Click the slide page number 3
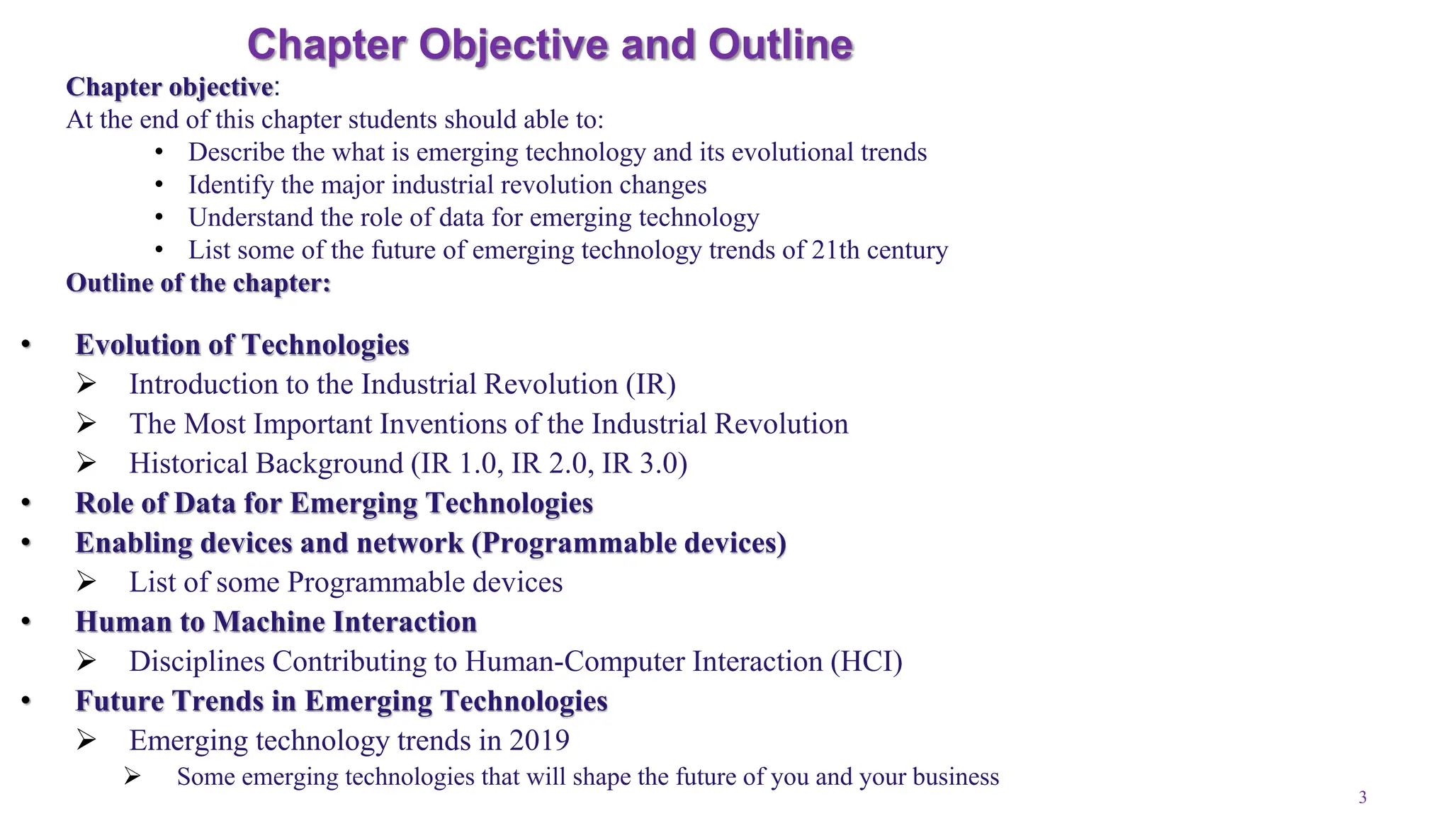pyautogui.click(x=1362, y=798)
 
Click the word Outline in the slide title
pyautogui.click(x=780, y=45)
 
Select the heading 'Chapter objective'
pyautogui.click(x=169, y=87)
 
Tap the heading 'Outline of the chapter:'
pyautogui.click(x=198, y=283)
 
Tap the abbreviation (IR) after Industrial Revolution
pyautogui.click(x=650, y=384)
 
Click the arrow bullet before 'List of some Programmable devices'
pyautogui.click(x=86, y=582)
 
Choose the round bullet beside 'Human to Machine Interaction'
pyautogui.click(x=26, y=622)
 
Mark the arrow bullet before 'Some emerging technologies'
pyautogui.click(x=132, y=776)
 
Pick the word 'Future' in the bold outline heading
pyautogui.click(x=119, y=701)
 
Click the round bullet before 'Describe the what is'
pyautogui.click(x=159, y=152)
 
